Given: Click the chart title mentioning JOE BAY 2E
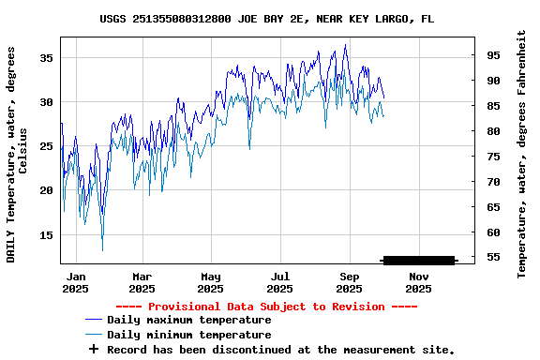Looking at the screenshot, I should [x=267, y=19].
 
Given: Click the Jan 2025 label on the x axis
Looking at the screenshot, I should [x=76, y=282].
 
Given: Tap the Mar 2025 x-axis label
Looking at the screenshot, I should [x=142, y=282].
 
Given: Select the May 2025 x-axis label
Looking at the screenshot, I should [x=211, y=282].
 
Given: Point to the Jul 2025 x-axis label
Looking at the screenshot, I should [x=280, y=282].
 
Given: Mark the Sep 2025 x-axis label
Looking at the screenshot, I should [x=350, y=282].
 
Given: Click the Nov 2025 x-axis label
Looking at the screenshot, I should [x=419, y=282].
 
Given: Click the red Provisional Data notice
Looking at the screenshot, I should [x=266, y=307].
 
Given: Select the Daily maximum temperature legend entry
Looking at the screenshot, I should [x=188, y=321].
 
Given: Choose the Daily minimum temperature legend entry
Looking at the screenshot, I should [x=188, y=335].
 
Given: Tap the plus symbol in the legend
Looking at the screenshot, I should [x=93, y=349].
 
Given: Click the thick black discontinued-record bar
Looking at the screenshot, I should [x=418, y=260].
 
